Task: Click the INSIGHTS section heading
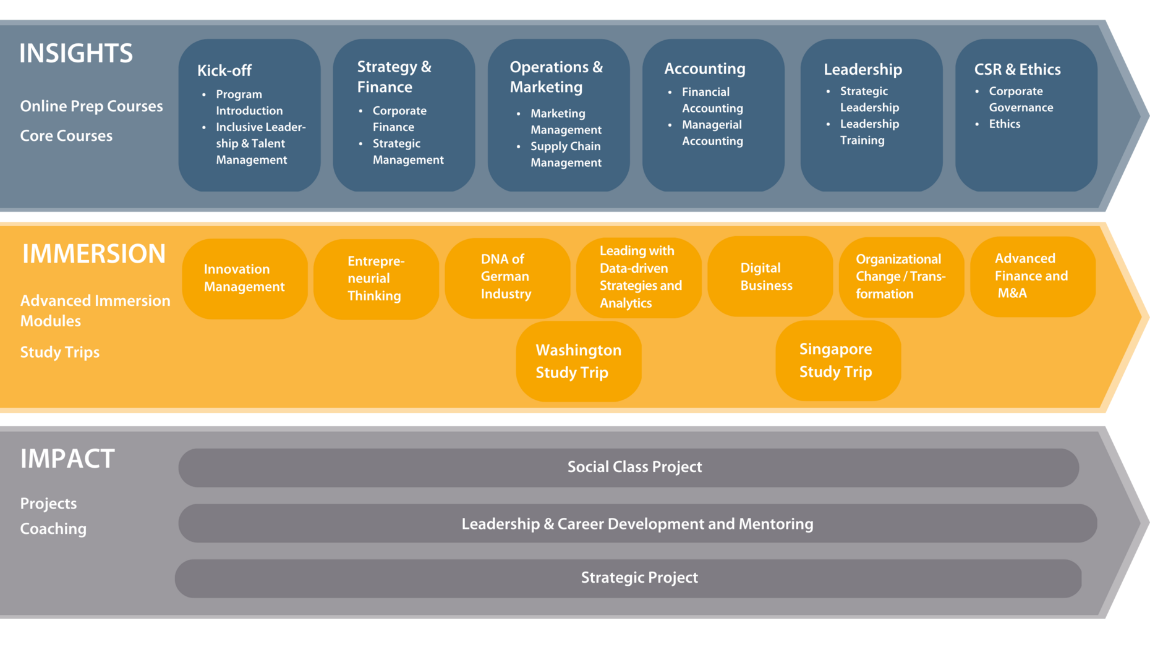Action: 76,53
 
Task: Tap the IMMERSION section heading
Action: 94,254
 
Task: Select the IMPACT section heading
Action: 67,459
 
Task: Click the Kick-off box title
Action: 224,70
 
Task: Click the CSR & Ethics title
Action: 1017,69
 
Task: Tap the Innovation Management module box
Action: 245,278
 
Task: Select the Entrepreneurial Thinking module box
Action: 376,279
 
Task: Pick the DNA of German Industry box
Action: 508,277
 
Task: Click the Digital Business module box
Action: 770,276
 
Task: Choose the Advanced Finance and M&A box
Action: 1033,276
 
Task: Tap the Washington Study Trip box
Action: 579,362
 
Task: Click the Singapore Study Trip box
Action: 838,360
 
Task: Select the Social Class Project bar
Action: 629,467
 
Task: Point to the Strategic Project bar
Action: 628,578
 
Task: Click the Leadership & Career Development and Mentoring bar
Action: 638,523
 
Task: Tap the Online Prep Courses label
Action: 92,106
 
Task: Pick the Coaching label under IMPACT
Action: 53,529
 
